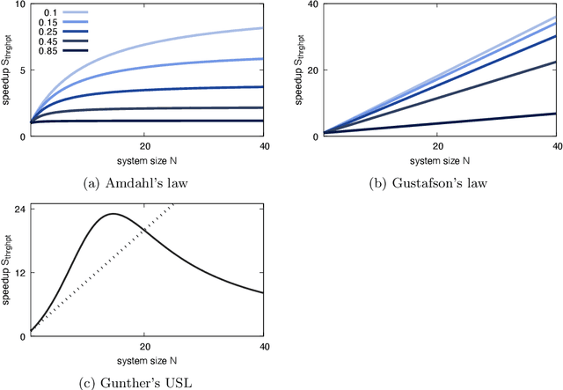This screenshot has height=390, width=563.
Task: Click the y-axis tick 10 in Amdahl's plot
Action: (x=21, y=5)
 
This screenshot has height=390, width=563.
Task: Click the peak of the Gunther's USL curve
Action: (x=112, y=214)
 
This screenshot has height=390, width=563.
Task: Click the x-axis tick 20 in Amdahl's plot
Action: (x=146, y=147)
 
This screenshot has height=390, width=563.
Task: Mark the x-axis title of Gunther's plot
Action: (x=146, y=359)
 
